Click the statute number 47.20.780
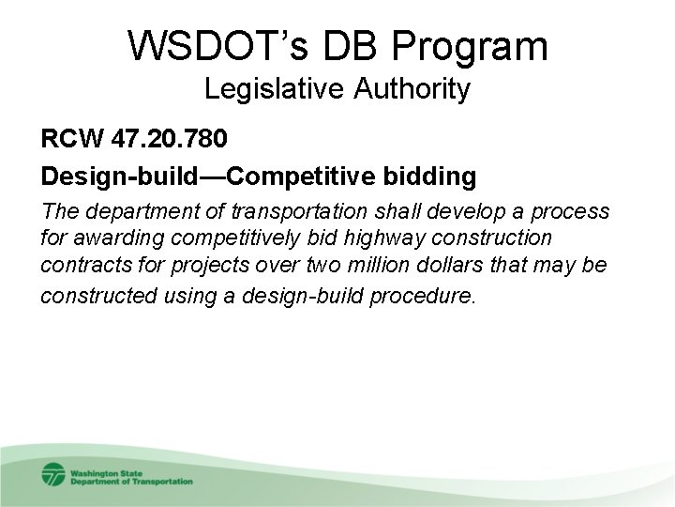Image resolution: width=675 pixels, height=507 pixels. pos(168,141)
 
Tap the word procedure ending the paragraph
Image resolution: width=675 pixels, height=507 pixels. pos(431,297)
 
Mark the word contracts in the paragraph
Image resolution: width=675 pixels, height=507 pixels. pos(78,267)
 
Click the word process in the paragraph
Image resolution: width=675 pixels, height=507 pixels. pos(575,212)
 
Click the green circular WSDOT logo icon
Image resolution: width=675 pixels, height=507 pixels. pos(54,474)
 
